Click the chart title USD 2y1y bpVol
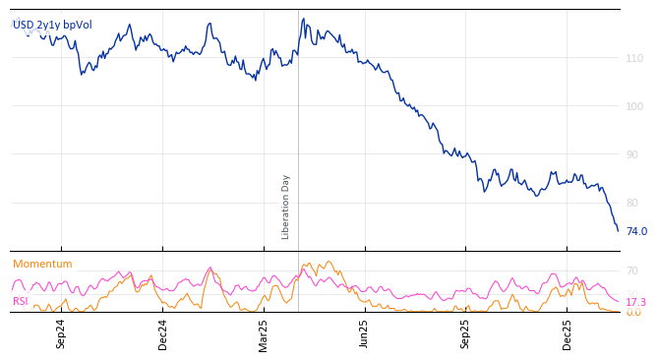tap(52, 25)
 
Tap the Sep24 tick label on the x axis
tap(61, 333)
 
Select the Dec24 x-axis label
tap(163, 333)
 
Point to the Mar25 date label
tap(264, 333)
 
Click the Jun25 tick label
tap(364, 333)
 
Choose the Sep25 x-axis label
tap(465, 333)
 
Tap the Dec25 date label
tap(567, 333)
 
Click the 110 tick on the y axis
tap(634, 59)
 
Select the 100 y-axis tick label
tap(634, 106)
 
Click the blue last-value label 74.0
tap(636, 232)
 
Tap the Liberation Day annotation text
tap(286, 207)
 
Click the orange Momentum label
tap(42, 264)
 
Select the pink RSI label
tap(21, 301)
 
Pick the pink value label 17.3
tap(635, 302)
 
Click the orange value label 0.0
tap(632, 313)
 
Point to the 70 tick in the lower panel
tap(631, 270)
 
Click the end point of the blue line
tap(618, 231)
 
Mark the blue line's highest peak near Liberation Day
tap(303, 19)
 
